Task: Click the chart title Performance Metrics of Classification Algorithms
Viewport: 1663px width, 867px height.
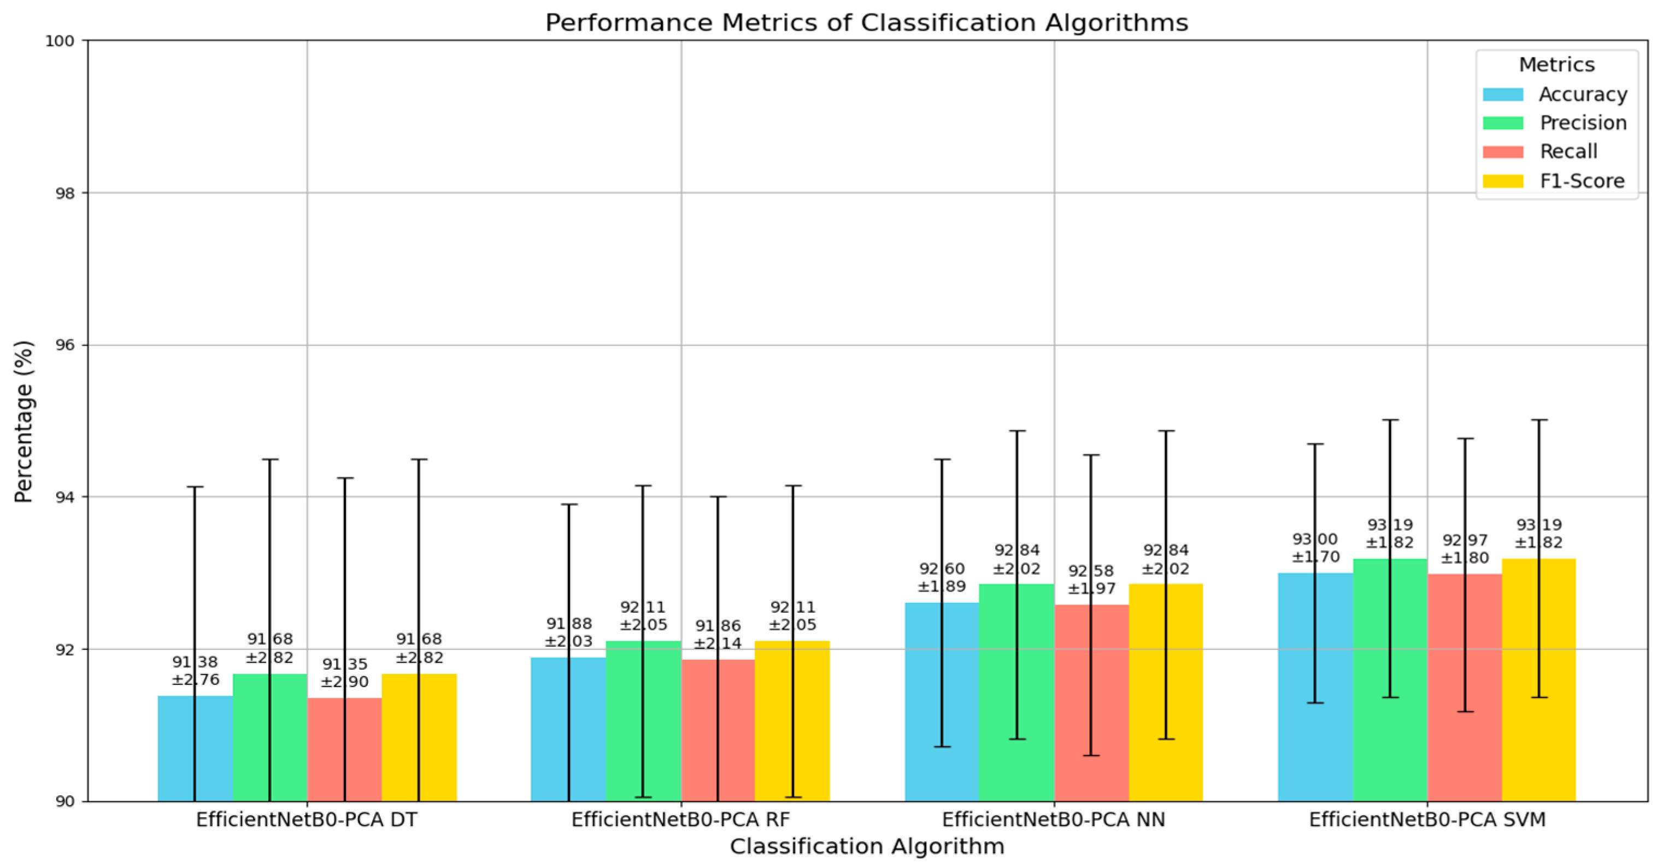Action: coord(866,22)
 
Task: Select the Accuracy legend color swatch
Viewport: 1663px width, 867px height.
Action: coord(1502,94)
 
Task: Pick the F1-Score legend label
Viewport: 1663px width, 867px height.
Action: coord(1582,181)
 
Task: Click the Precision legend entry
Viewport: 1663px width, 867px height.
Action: coord(1583,122)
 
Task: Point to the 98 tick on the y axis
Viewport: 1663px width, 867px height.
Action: coord(64,193)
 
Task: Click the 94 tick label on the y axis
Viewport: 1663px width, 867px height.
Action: coord(64,497)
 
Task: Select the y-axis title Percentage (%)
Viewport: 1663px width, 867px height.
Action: coord(24,421)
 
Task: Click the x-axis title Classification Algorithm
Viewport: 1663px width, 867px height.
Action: coord(866,846)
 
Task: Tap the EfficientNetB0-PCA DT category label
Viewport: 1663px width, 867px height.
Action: coord(307,819)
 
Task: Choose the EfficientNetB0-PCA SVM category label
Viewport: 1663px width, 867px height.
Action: coord(1427,819)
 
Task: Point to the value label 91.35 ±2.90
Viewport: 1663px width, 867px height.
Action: coord(344,673)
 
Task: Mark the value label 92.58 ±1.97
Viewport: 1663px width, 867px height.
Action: coord(1091,579)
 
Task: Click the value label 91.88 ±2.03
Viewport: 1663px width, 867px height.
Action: coord(569,632)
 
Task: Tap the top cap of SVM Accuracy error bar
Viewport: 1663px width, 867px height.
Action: coord(1315,444)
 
